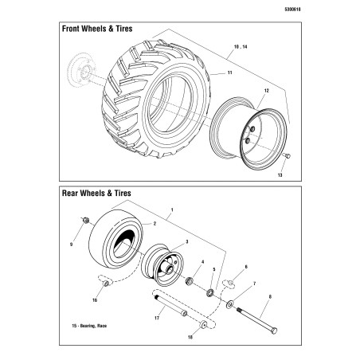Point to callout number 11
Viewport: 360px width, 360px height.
tap(229, 73)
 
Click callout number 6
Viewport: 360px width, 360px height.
tap(245, 266)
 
